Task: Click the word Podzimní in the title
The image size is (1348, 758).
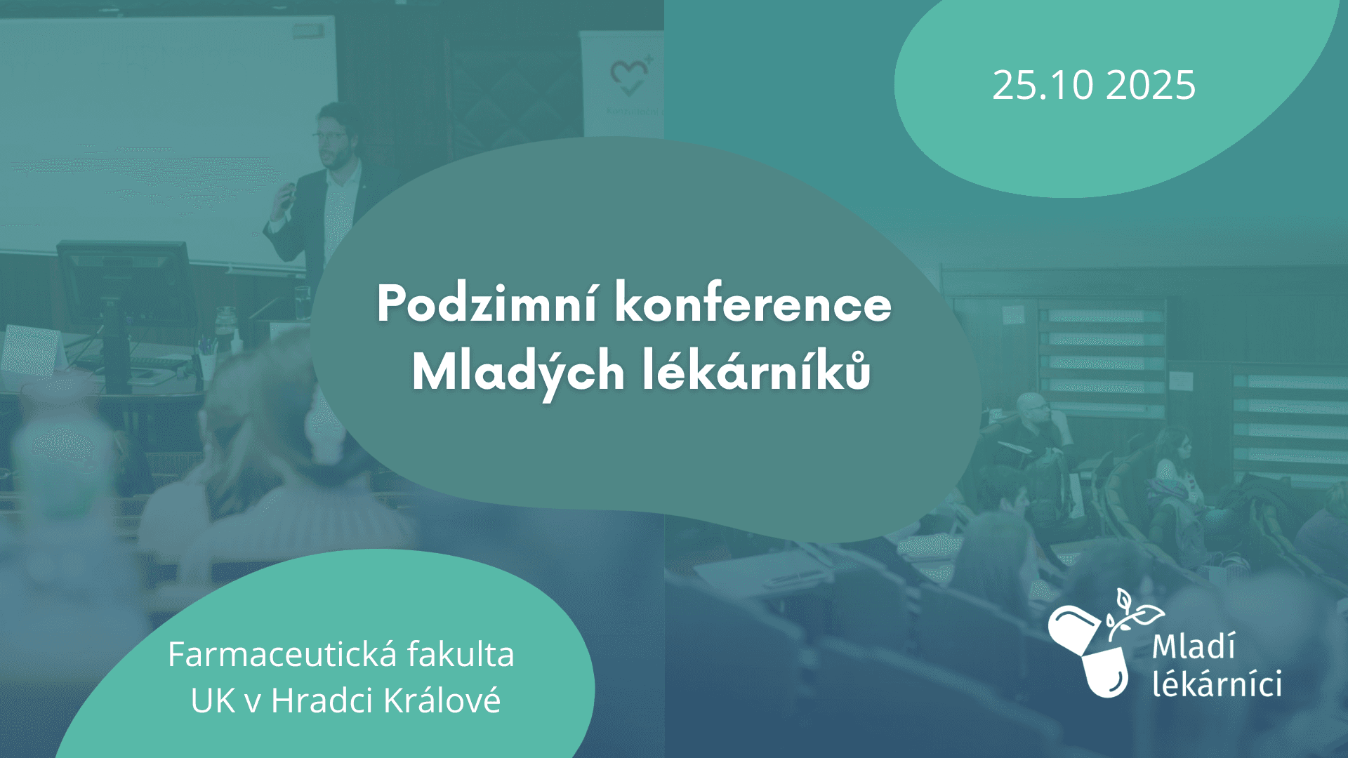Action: [487, 304]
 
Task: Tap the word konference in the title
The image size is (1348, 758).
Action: [753, 303]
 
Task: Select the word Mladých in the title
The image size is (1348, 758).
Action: [518, 373]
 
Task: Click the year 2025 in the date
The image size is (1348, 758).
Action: [1151, 86]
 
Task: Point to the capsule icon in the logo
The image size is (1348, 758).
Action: [1088, 651]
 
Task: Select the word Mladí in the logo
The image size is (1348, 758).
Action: [1194, 646]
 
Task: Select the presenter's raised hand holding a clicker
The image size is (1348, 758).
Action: [286, 194]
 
